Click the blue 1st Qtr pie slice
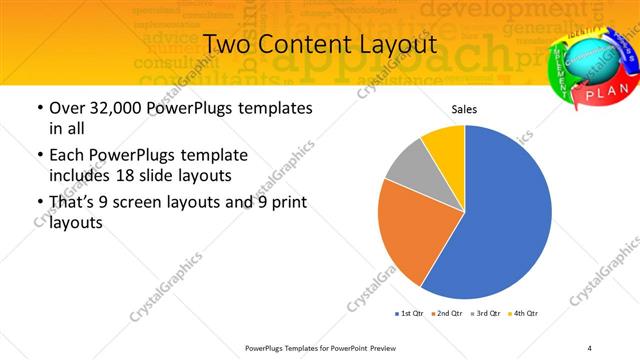coord(500,215)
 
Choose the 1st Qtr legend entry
coord(412,314)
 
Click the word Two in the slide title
coord(227,45)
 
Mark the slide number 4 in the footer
coord(589,347)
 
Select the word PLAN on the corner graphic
coord(600,93)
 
